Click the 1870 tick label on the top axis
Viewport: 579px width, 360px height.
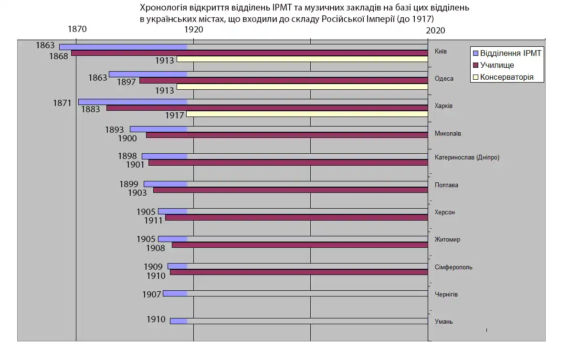[x=77, y=29]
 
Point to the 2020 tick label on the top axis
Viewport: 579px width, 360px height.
[x=435, y=30]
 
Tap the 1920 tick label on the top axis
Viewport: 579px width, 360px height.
[x=193, y=29]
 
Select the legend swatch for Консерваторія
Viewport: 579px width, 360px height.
[x=474, y=77]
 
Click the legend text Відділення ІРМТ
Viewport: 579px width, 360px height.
[x=510, y=53]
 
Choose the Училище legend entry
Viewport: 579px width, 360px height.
[x=497, y=65]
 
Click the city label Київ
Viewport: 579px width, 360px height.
[x=441, y=52]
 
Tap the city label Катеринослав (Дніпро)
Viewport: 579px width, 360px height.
[x=467, y=157]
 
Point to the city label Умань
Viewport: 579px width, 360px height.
[x=444, y=321]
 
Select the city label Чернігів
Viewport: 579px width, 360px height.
[x=446, y=294]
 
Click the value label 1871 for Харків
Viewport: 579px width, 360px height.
[x=62, y=103]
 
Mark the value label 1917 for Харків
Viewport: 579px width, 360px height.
[x=175, y=115]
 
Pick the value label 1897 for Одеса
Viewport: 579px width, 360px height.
[x=126, y=82]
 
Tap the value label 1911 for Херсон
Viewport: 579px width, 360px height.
[x=153, y=221]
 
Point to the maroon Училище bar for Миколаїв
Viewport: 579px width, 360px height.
[x=287, y=135]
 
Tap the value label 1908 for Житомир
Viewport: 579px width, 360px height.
[x=156, y=248]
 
